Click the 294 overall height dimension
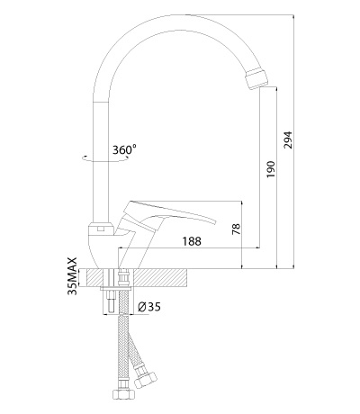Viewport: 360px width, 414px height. tap(288, 139)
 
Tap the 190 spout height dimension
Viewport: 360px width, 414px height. tap(271, 169)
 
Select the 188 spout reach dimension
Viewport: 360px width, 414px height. tap(192, 241)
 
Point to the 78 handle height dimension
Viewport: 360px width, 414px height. tap(237, 229)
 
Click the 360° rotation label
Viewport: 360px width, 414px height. tap(124, 149)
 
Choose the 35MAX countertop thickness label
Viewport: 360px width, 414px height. tap(73, 276)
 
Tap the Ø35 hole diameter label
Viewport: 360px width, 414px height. tap(149, 307)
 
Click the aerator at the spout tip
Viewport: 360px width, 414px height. tap(256, 78)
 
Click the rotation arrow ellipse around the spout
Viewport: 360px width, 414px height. tap(105, 159)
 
